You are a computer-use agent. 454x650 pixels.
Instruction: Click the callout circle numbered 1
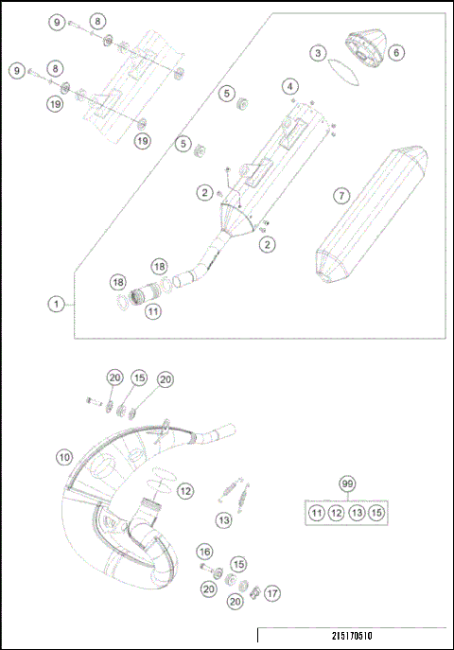pyautogui.click(x=58, y=305)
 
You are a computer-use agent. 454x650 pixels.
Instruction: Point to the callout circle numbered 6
pyautogui.click(x=395, y=52)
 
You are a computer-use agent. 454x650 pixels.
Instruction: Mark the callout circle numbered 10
pyautogui.click(x=63, y=457)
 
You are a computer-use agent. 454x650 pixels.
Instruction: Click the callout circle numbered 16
pyautogui.click(x=204, y=552)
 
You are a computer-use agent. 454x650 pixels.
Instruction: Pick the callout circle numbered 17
pyautogui.click(x=272, y=594)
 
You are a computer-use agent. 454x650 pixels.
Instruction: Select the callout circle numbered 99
pyautogui.click(x=349, y=484)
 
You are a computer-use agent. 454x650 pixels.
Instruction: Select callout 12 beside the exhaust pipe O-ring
pyautogui.click(x=185, y=491)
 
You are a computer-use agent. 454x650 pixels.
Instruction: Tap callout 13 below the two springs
pyautogui.click(x=223, y=519)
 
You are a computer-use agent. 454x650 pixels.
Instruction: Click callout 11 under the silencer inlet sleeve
pyautogui.click(x=152, y=309)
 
